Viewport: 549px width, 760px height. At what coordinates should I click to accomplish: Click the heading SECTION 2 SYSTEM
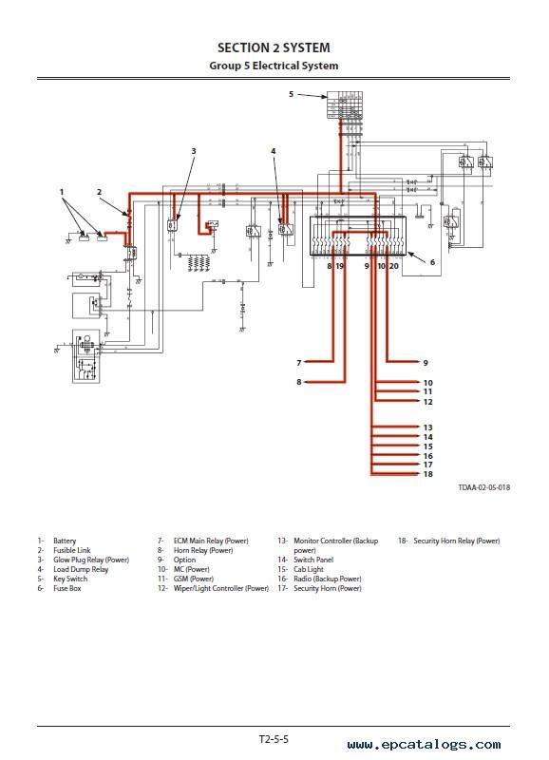(x=274, y=47)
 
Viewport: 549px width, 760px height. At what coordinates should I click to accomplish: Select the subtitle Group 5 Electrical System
(x=274, y=66)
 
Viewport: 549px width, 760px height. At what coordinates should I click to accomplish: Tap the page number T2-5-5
(x=274, y=739)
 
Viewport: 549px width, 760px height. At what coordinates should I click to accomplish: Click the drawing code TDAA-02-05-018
(x=484, y=487)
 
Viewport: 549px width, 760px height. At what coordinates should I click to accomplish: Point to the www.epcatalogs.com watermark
(x=424, y=745)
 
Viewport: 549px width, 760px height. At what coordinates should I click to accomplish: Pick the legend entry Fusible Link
(x=72, y=550)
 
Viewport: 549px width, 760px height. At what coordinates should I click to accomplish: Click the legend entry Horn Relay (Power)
(x=203, y=550)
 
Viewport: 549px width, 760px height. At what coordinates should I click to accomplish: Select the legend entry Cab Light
(x=308, y=569)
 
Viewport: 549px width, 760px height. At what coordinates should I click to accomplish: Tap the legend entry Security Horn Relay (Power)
(x=457, y=541)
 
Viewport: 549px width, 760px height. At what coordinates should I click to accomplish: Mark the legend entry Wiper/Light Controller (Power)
(x=221, y=588)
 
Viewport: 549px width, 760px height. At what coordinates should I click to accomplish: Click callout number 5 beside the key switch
(x=292, y=94)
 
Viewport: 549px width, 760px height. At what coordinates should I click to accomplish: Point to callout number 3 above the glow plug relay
(x=194, y=151)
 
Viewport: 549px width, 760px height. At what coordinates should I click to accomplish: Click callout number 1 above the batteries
(x=62, y=192)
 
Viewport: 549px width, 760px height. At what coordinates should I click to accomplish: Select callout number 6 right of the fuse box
(x=433, y=262)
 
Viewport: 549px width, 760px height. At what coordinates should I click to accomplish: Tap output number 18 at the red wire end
(x=427, y=474)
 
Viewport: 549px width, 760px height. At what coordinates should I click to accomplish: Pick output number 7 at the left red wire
(x=299, y=363)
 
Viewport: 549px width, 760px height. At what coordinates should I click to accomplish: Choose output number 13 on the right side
(x=427, y=427)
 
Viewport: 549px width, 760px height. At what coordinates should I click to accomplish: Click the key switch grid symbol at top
(x=345, y=104)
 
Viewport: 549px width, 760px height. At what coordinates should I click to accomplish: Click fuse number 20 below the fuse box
(x=394, y=266)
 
